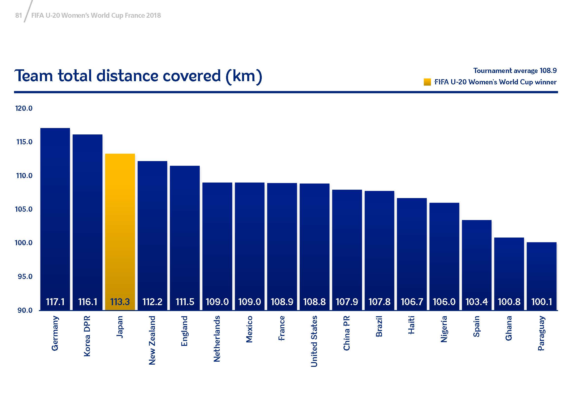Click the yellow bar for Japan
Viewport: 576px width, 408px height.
point(120,226)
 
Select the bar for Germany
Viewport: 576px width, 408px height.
point(55,214)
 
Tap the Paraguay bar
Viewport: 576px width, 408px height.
point(541,271)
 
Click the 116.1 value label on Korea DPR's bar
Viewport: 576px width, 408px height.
point(88,302)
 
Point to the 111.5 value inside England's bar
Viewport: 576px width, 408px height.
point(185,302)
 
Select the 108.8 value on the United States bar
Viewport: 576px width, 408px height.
point(314,302)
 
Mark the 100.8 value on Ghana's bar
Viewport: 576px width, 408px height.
point(509,302)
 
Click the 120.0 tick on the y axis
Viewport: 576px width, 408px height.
point(24,109)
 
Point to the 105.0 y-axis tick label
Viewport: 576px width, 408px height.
point(24,209)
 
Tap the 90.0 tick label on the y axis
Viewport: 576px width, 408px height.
point(25,311)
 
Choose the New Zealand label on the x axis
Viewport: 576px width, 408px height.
point(152,340)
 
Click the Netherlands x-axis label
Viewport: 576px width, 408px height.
point(217,339)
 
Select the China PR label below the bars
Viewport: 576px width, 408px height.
point(346,333)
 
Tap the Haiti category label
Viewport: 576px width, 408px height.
point(411,325)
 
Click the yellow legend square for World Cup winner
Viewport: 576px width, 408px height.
point(427,82)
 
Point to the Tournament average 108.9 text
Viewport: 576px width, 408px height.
point(515,71)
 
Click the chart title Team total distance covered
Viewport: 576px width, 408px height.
point(138,76)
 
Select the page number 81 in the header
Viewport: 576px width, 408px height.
point(18,16)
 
